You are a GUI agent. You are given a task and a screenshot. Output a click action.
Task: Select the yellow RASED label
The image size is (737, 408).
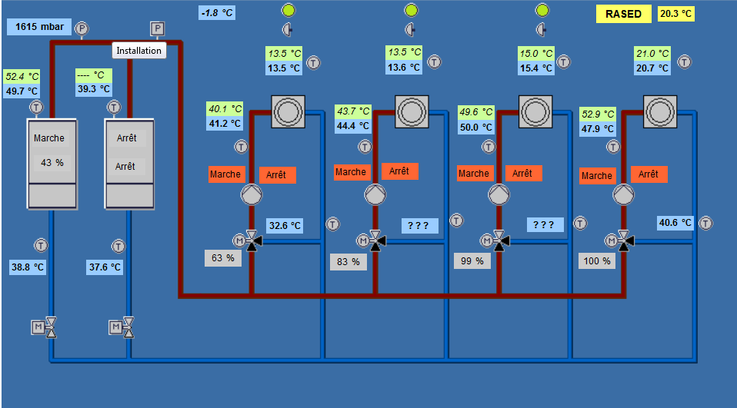point(623,14)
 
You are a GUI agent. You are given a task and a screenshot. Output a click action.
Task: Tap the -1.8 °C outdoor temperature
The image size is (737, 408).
point(218,13)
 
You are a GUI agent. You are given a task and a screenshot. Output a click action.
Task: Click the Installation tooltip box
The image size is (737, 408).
point(139,51)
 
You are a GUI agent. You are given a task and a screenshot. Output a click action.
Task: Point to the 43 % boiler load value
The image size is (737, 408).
point(52,162)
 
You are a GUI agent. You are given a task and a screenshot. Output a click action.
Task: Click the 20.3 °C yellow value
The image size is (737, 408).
point(676,14)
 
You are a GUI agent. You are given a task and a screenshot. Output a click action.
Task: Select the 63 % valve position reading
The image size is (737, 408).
point(222,258)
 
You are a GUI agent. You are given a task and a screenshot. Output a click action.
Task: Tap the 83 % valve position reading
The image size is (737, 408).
point(348,261)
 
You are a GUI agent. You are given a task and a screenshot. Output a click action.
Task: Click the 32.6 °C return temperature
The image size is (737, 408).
point(285,226)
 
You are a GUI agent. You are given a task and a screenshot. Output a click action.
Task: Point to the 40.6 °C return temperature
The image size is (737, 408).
point(675,223)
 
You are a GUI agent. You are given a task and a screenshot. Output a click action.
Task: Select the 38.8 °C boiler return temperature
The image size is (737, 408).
point(28,267)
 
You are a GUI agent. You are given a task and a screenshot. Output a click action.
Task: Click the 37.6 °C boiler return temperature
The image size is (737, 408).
point(105,267)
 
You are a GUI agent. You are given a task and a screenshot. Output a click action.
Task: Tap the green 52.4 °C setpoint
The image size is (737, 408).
point(22,77)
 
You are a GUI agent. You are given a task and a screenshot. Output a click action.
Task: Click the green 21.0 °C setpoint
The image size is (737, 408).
point(652,54)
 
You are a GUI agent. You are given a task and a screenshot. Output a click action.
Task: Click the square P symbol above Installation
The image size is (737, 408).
point(157,29)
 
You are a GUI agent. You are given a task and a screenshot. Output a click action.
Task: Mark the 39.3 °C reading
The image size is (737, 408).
point(94,89)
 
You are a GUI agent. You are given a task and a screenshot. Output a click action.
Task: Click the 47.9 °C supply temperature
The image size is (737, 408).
point(599,128)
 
